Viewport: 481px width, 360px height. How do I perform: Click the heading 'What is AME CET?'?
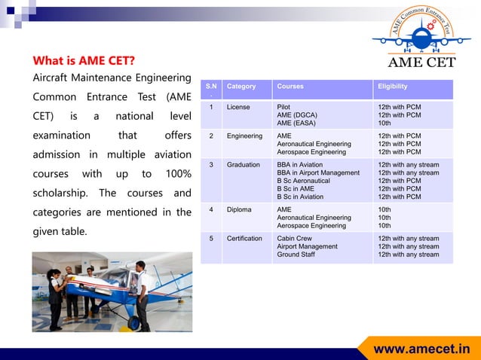point(84,60)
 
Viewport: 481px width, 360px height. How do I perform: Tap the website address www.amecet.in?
point(421,349)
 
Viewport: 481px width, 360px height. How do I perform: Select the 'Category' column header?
point(241,87)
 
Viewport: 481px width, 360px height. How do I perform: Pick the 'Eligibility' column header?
point(393,87)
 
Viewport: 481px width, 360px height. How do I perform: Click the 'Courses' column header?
point(290,87)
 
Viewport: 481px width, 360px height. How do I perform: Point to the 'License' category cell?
point(238,108)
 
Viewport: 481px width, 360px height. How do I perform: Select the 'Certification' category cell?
point(244,239)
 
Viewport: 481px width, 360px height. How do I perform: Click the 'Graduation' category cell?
point(243,164)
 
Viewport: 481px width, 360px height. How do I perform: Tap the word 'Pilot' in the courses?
point(283,108)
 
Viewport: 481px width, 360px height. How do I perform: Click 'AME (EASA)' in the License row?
point(296,123)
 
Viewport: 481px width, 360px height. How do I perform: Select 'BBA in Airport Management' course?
point(318,172)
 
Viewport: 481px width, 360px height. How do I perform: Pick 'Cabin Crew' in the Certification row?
point(294,239)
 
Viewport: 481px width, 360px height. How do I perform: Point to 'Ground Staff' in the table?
point(296,255)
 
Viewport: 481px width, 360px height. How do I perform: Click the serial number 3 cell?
point(212,164)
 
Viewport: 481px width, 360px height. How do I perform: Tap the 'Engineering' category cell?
point(244,136)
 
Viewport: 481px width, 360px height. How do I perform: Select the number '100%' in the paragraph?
point(178,174)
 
